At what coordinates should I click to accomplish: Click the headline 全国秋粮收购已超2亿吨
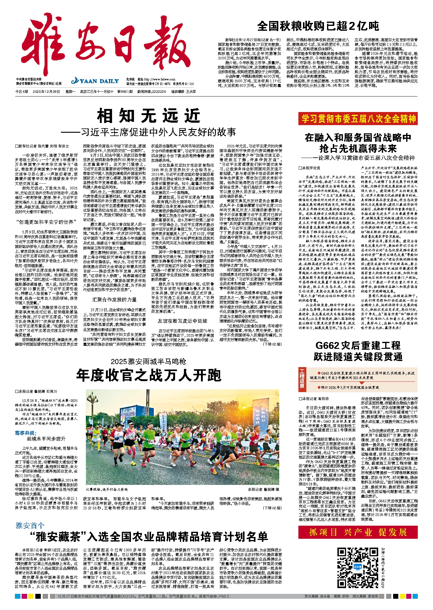pos(318,26)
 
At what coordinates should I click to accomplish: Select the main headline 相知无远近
pos(149,116)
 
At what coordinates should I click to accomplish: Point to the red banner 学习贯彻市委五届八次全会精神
pos(358,119)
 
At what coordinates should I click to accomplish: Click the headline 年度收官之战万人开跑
pos(149,375)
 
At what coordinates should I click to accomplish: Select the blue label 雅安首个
pos(30,525)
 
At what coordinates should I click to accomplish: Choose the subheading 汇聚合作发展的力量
pos(114,300)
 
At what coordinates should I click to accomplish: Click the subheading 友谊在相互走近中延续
pos(182,321)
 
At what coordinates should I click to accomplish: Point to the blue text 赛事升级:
pos(26,433)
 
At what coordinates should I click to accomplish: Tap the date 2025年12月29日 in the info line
pos(46,91)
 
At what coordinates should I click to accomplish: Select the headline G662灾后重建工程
pos(358,345)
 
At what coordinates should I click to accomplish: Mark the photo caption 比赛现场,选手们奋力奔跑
pos(106,489)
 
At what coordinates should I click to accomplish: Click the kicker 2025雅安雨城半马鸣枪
pos(148,361)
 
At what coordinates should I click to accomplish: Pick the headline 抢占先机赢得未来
pos(358,149)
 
